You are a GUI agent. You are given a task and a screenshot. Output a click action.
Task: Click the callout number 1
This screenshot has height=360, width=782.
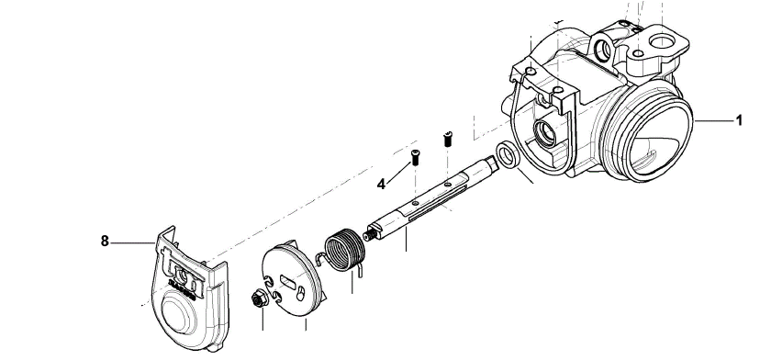coord(739,120)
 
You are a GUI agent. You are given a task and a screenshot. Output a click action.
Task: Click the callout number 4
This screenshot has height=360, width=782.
coord(381,185)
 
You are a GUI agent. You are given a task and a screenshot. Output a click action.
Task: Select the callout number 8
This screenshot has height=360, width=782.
coord(105,242)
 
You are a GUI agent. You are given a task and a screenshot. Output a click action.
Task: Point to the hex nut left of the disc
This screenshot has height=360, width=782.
coord(260,299)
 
